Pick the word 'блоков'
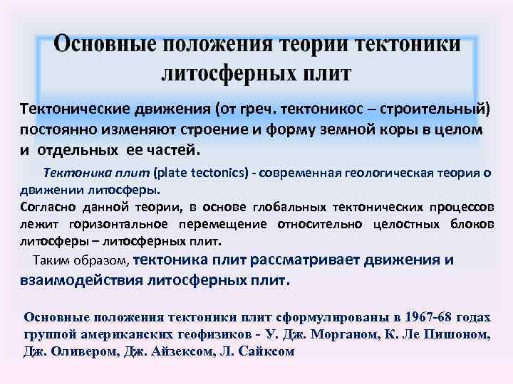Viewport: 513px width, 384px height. click(473, 224)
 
